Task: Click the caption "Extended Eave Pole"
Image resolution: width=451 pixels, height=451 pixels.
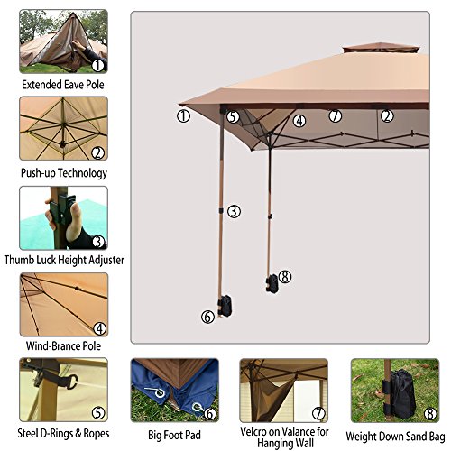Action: [63, 86]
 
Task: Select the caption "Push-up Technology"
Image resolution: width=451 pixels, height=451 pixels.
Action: [63, 172]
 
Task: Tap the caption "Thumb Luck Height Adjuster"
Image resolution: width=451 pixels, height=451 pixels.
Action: [63, 260]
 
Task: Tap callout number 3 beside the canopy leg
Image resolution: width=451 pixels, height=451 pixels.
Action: [234, 211]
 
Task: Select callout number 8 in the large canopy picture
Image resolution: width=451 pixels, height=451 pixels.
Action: [285, 277]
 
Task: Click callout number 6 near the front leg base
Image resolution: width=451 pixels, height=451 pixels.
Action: [208, 316]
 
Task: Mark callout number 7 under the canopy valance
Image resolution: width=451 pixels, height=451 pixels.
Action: [334, 115]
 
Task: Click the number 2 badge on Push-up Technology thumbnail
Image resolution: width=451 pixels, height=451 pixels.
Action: [97, 152]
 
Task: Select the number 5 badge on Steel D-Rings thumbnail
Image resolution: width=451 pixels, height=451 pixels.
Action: [97, 414]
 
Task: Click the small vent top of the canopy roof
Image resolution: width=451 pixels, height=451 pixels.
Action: [373, 47]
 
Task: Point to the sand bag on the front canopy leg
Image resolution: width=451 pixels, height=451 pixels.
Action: [225, 300]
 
